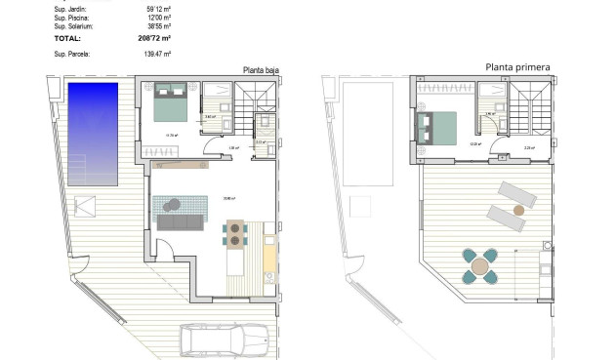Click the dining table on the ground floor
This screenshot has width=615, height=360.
[x=236, y=233]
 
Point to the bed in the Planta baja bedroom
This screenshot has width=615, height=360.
[x=174, y=101]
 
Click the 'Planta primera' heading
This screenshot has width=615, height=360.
[x=517, y=68]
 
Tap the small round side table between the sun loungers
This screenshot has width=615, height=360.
[x=519, y=208]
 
